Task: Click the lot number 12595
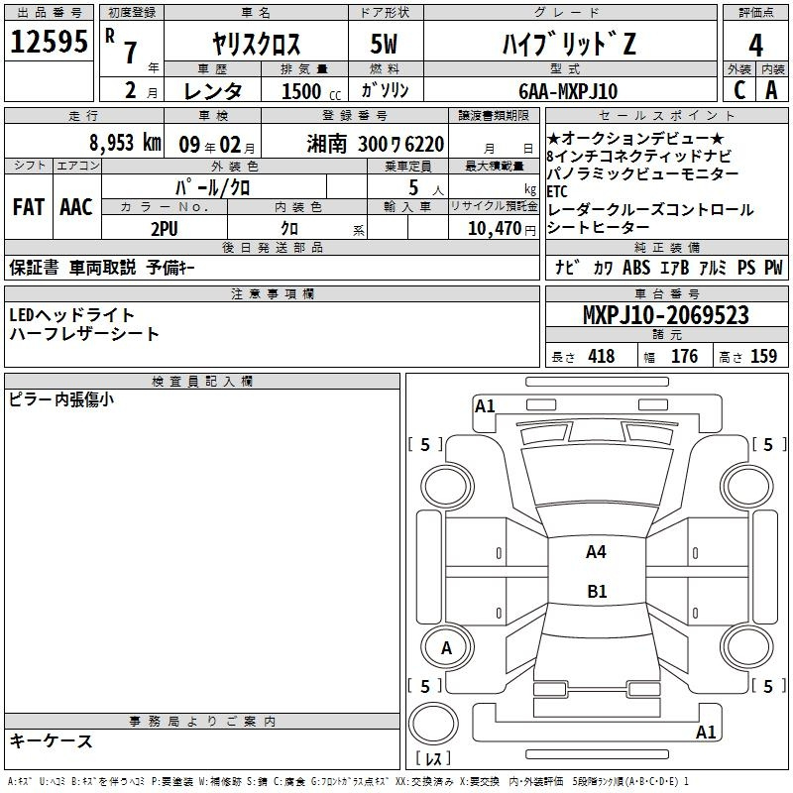49,42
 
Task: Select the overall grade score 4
755,46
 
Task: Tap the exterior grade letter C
739,90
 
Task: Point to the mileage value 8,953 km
125,143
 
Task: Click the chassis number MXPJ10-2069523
665,315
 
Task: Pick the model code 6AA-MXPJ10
568,91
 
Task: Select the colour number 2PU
165,229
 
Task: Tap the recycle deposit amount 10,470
495,229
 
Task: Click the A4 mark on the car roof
596,552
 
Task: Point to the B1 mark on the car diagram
597,591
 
